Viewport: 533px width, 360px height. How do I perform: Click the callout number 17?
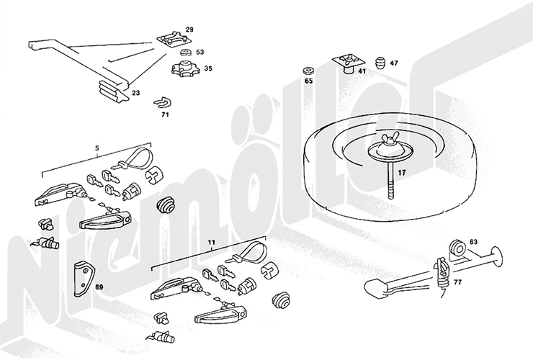coord(401,173)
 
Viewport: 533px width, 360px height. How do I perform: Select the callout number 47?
coord(394,63)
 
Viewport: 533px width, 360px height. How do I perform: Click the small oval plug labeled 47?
coord(380,63)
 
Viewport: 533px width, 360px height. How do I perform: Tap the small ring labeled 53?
coord(186,53)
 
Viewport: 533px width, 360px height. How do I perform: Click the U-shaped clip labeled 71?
coord(162,102)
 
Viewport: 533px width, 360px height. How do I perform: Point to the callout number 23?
coord(135,92)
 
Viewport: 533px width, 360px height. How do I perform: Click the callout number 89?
coord(99,287)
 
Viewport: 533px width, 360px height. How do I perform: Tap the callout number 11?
coord(212,243)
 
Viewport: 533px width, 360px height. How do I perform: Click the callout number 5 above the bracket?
coord(97,148)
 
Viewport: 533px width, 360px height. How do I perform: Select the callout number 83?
coord(473,242)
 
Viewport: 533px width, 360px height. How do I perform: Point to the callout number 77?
coord(457,282)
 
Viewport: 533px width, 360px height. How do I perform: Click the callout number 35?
coord(208,68)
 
